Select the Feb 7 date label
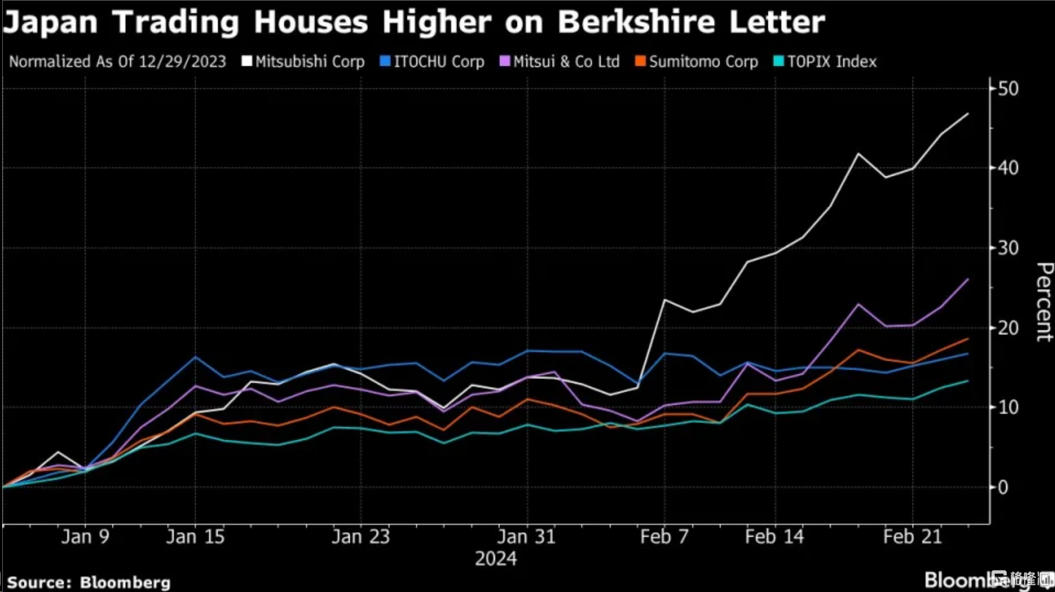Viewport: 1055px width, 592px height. pyautogui.click(x=665, y=537)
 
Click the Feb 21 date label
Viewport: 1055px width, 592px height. pyautogui.click(x=912, y=537)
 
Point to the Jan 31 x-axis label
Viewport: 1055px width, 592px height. pyautogui.click(x=526, y=537)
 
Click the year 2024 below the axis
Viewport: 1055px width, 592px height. pyautogui.click(x=496, y=560)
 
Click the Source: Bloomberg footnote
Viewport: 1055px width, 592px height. pyautogui.click(x=89, y=583)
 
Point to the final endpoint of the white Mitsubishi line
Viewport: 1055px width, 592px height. pyautogui.click(x=968, y=114)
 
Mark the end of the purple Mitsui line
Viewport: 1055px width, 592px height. pyautogui.click(x=968, y=279)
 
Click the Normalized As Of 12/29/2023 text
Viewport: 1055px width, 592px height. pyautogui.click(x=117, y=62)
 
